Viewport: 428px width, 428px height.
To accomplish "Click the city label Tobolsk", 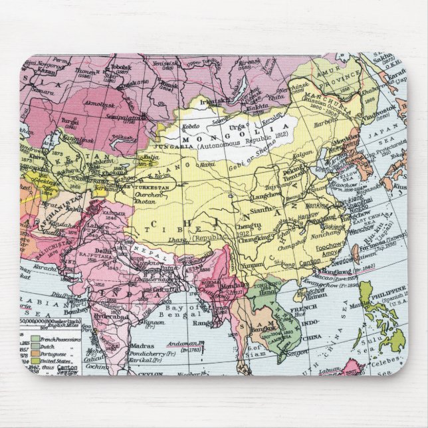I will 118,67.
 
